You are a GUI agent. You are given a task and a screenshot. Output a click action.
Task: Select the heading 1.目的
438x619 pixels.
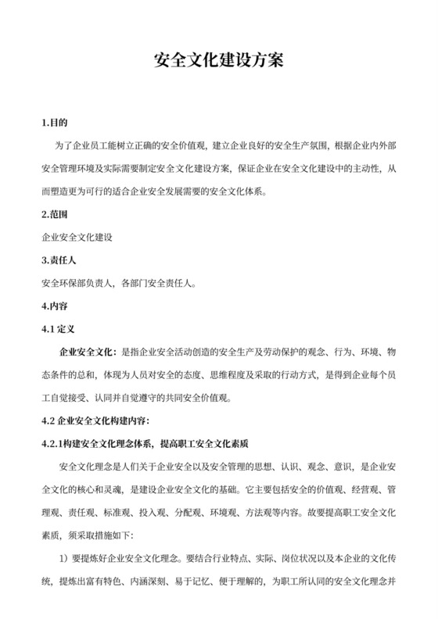55,123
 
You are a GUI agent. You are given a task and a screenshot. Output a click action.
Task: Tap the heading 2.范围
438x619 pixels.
55,213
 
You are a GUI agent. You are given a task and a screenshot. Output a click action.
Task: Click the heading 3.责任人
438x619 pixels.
59,259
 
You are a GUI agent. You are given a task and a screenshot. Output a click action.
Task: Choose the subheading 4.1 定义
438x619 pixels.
58,330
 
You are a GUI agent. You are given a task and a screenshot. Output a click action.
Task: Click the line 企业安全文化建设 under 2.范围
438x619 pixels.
77,236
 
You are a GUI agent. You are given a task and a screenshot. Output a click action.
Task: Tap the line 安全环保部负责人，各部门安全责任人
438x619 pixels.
118,281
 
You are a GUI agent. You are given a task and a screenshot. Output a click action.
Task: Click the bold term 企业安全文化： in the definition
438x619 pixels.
88,353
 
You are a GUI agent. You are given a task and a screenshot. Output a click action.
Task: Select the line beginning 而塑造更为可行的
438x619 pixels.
156,191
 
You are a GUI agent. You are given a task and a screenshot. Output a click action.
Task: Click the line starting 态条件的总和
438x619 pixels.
219,376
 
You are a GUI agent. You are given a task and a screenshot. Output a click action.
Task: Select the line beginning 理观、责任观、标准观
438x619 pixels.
219,513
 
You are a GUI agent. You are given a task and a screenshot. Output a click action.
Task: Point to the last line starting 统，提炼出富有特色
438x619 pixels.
219,581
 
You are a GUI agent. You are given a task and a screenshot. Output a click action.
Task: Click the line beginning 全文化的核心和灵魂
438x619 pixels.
219,490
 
